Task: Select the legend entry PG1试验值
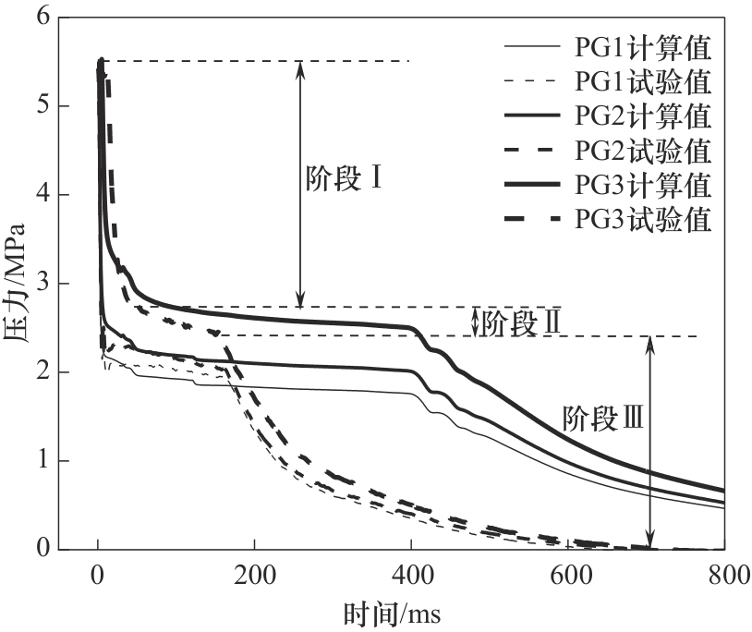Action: click(643, 82)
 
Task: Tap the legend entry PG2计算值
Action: click(643, 116)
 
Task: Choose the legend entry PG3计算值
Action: click(643, 184)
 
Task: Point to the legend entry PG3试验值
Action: click(643, 219)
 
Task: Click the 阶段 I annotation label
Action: click(344, 179)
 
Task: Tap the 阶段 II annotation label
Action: click(523, 322)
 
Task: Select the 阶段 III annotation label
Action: click(602, 420)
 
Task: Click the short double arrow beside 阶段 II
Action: click(475, 322)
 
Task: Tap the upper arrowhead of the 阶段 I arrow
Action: click(299, 67)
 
